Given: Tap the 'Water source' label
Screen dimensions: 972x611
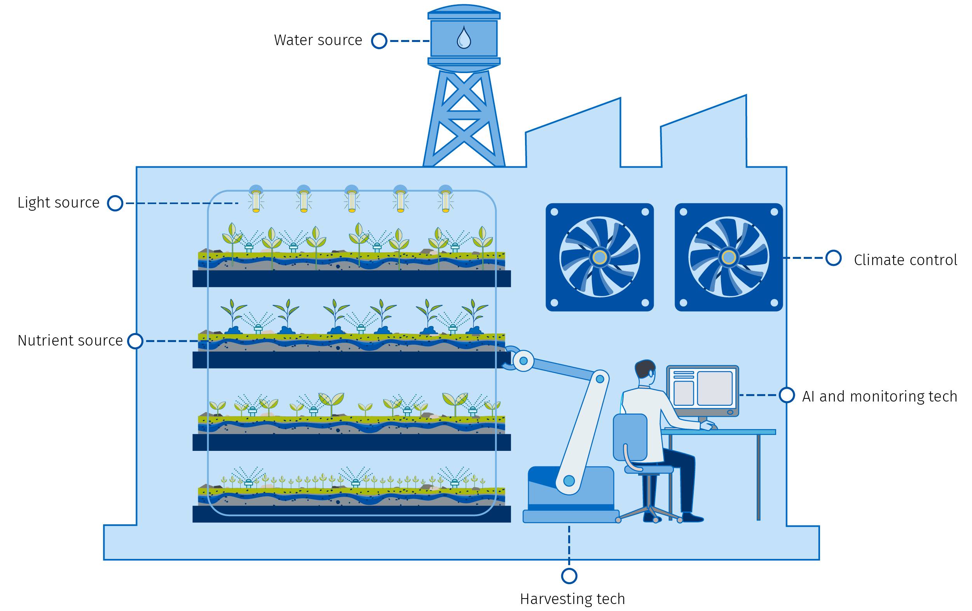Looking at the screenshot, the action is [318, 40].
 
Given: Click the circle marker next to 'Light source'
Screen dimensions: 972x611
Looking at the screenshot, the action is [115, 203].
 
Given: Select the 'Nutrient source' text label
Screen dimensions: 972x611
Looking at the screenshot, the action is [70, 340].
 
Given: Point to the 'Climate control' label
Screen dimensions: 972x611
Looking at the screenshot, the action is [906, 260].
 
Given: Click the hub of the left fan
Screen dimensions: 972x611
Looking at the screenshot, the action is [599, 257].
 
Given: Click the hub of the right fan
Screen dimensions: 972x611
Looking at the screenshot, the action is [729, 257].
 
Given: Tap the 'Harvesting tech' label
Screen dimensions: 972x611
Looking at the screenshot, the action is [572, 599].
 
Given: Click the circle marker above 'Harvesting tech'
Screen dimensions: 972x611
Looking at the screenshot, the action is [569, 576].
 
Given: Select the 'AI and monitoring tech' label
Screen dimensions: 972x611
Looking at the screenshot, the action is [880, 396].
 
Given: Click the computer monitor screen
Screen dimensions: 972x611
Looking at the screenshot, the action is [703, 389].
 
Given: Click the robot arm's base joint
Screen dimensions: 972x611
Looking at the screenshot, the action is [569, 481].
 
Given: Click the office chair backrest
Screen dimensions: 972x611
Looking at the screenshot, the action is [630, 437].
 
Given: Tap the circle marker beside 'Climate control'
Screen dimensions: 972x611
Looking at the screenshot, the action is [834, 258].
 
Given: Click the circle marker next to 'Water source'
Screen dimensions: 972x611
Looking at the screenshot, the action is [379, 41].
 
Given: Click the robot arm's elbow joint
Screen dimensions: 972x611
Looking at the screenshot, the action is [600, 379].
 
